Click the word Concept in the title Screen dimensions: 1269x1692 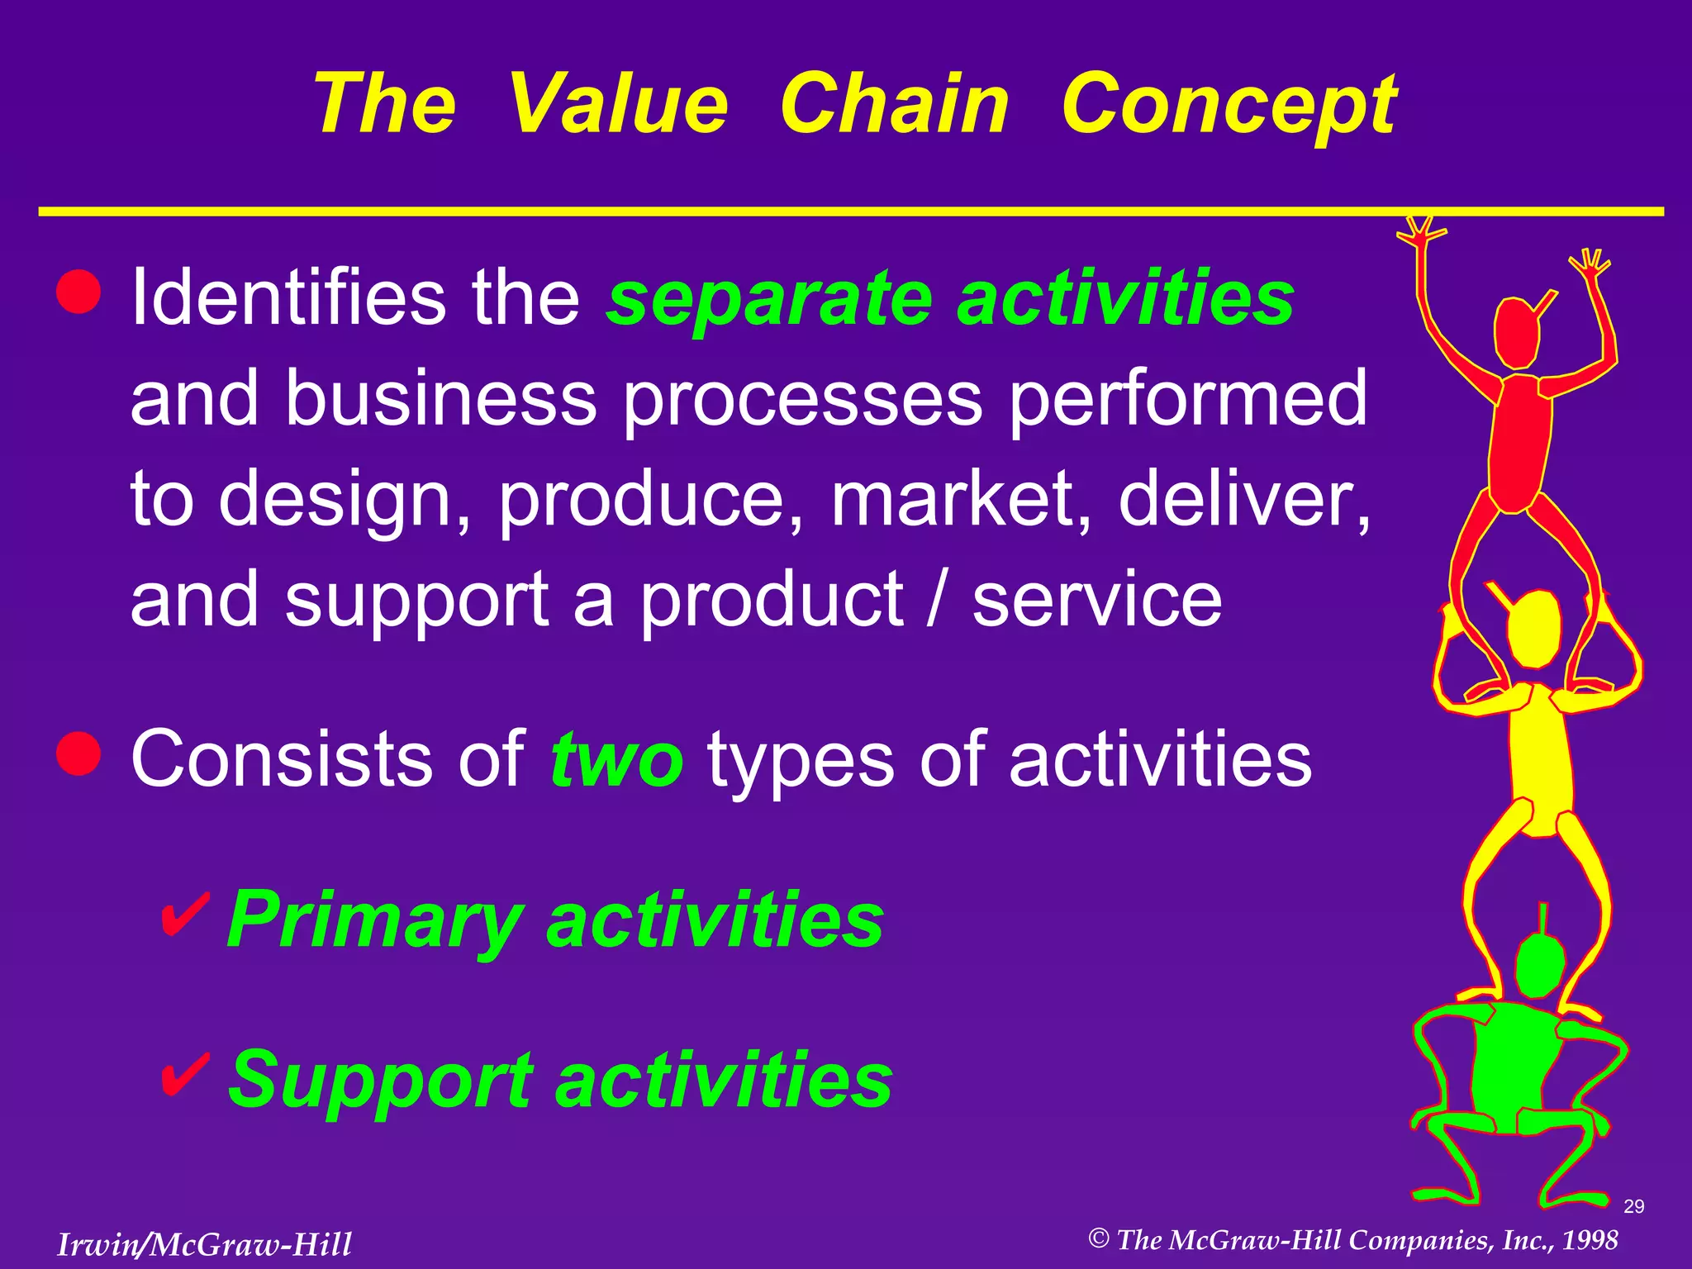1229,105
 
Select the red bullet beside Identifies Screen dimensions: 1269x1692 79,292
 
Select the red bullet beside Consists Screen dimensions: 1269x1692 79,753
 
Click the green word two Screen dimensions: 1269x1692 616,758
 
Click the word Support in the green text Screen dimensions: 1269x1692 380,1080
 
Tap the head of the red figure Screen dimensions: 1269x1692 1517,333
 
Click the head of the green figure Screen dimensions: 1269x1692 1540,965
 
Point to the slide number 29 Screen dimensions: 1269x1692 1633,1206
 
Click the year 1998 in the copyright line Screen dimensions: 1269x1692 1590,1239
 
